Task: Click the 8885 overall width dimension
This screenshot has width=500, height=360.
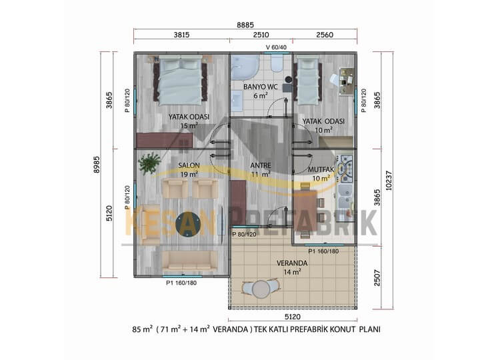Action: pyautogui.click(x=245, y=25)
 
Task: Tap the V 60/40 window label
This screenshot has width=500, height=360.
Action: pyautogui.click(x=276, y=47)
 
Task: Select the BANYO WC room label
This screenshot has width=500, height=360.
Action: pyautogui.click(x=261, y=87)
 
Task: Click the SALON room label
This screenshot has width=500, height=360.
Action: pyautogui.click(x=189, y=165)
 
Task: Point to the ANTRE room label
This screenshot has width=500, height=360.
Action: pyautogui.click(x=261, y=165)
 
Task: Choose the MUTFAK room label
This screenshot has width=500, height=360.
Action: pyautogui.click(x=321, y=169)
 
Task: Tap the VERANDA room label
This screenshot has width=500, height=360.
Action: pyautogui.click(x=292, y=263)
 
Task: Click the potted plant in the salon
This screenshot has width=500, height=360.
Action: pyautogui.click(x=149, y=163)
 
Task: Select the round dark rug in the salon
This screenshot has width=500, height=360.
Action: pyautogui.click(x=188, y=224)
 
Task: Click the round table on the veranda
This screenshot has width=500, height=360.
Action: pyautogui.click(x=261, y=289)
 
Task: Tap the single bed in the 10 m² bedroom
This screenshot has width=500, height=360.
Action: pyautogui.click(x=308, y=81)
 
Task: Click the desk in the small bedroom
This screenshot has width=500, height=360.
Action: pyautogui.click(x=347, y=81)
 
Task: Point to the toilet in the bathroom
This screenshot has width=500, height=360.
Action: pyautogui.click(x=277, y=64)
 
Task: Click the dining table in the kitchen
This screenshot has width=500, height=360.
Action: pyautogui.click(x=305, y=211)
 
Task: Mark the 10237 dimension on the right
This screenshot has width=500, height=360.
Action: pyautogui.click(x=389, y=181)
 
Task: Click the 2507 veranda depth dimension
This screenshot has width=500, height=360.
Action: pyautogui.click(x=377, y=278)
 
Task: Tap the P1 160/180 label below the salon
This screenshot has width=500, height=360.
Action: pyautogui.click(x=181, y=283)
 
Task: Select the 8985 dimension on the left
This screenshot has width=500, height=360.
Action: pyautogui.click(x=97, y=165)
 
